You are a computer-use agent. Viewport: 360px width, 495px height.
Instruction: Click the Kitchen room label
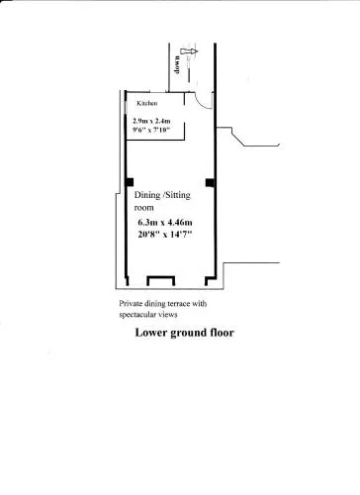[147, 103]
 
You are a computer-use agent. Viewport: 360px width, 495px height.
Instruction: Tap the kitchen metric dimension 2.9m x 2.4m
[151, 121]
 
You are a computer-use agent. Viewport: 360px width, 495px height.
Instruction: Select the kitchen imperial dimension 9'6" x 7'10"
[151, 130]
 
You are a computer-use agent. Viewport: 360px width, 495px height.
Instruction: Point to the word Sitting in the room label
[177, 195]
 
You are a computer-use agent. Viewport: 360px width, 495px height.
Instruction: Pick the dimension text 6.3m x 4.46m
[165, 223]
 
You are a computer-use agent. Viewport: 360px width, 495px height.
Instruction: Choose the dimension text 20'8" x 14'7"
[165, 235]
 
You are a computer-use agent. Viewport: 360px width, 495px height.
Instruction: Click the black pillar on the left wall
[130, 182]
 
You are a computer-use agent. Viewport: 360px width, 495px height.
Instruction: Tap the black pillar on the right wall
[210, 182]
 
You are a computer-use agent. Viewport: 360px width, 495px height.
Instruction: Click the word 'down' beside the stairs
[177, 65]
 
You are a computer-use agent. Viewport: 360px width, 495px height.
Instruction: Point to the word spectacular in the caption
[135, 315]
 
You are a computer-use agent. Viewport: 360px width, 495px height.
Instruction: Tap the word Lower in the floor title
[150, 333]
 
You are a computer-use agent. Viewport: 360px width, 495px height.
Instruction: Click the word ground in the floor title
[188, 334]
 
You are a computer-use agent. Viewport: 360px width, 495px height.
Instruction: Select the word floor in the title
[222, 333]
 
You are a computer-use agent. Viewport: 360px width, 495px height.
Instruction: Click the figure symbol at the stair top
[189, 51]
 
